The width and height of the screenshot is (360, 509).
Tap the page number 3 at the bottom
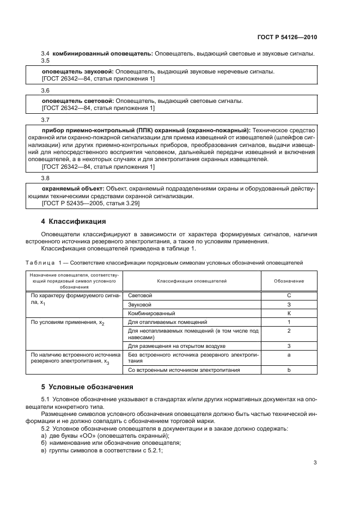tap(315, 463)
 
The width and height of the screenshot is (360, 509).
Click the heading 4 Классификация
tap(74, 222)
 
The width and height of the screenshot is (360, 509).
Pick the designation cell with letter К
tap(289, 314)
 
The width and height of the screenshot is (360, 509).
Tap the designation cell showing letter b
tap(289, 370)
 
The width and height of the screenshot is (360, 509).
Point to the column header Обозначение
tap(289, 281)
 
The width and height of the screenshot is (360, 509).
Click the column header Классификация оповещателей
tap(192, 281)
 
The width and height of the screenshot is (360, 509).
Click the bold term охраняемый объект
tap(74, 188)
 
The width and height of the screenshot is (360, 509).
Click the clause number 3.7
tap(46, 119)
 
